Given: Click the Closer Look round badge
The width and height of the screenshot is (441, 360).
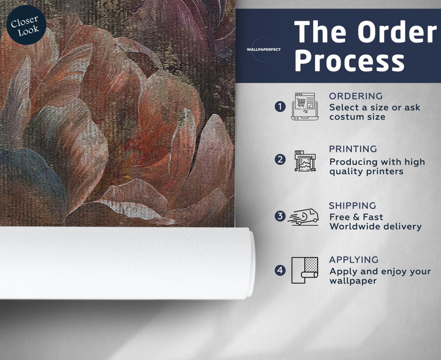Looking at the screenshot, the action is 26,25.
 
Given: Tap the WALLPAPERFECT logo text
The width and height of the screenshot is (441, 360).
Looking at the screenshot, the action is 263,50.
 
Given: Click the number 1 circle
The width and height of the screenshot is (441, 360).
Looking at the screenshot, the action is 280,107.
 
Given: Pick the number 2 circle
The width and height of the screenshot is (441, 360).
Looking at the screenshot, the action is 280,160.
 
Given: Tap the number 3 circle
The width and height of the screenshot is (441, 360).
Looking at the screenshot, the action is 280,216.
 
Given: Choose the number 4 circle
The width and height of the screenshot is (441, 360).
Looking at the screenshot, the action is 280,270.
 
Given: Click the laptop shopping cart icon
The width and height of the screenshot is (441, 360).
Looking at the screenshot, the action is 305,107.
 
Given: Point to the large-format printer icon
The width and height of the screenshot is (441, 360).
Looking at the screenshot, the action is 305,161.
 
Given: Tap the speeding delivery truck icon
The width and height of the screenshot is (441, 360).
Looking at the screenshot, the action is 303,217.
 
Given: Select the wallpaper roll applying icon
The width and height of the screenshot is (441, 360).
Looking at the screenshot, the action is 305,270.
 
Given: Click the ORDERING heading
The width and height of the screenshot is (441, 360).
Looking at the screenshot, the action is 356,96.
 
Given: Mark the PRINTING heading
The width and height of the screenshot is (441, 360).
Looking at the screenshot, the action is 353,149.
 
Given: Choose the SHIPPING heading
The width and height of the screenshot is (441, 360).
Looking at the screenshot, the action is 352,206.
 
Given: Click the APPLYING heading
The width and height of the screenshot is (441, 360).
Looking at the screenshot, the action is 354,260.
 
